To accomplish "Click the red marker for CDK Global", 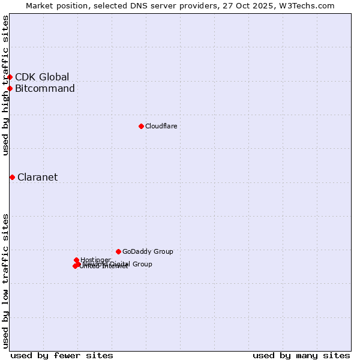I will tap(10, 77).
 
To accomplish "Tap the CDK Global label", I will tap(42, 77).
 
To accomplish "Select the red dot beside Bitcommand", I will tap(10, 89).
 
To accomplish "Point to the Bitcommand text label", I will tap(45, 89).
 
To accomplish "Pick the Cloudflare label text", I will tap(161, 126).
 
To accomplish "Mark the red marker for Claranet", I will tap(12, 177).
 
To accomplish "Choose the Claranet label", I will tap(37, 177).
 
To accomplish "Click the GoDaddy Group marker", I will tap(119, 251).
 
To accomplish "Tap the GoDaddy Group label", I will tap(148, 251).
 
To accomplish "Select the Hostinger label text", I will tap(95, 260).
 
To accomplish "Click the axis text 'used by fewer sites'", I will tap(62, 355).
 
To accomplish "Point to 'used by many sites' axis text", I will tap(301, 355).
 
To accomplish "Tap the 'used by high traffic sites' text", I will tap(5, 85).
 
